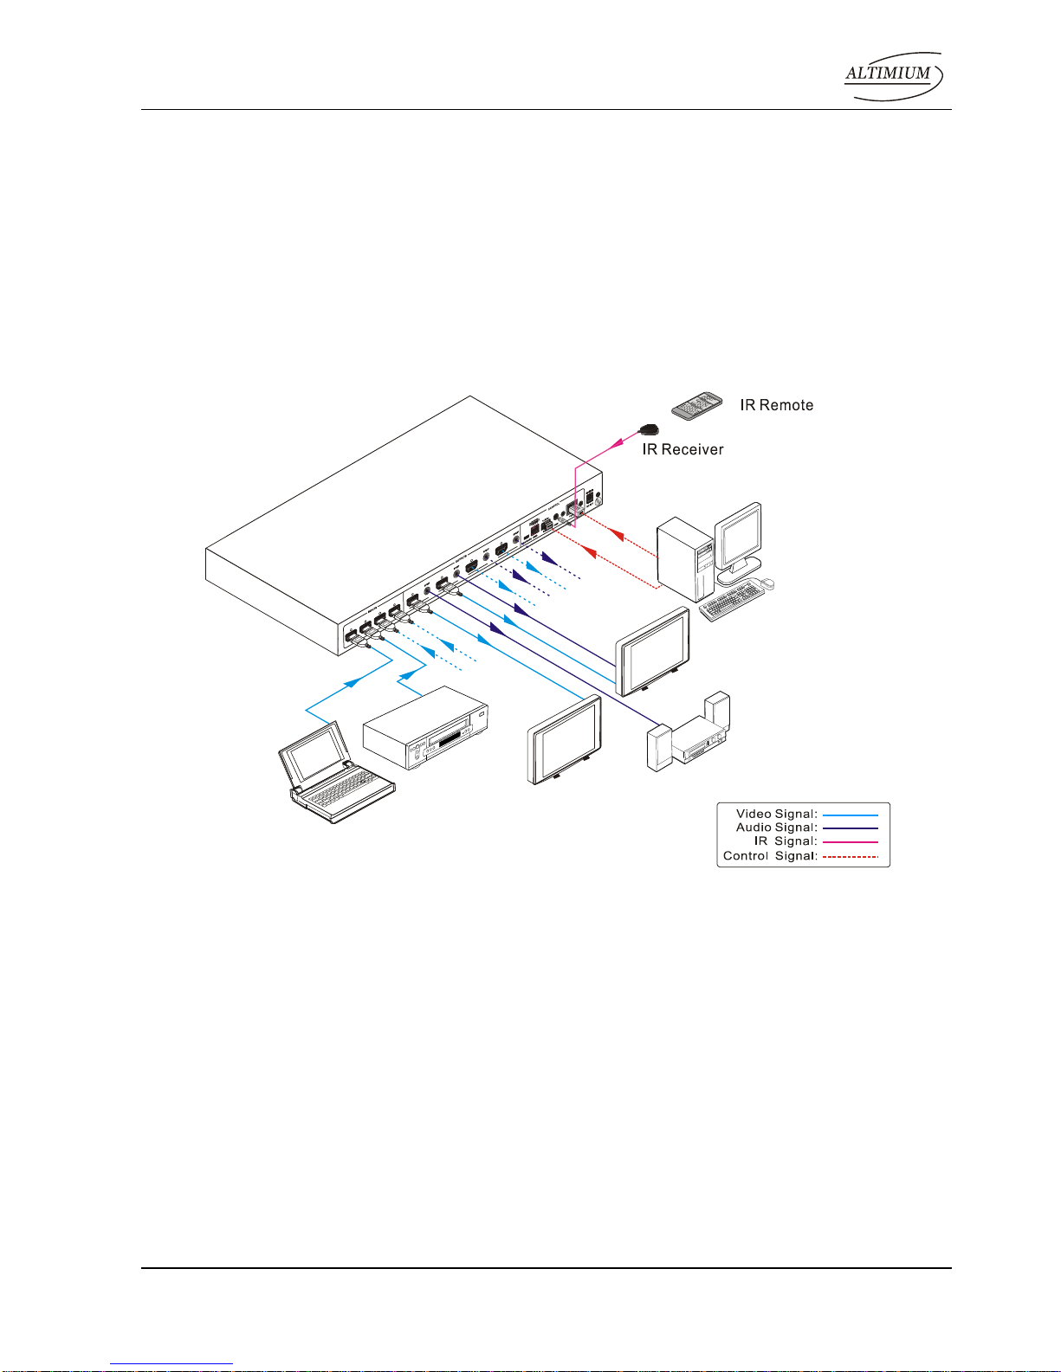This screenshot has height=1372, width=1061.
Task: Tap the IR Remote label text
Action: (x=776, y=405)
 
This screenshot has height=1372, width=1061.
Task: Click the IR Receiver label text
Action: (x=683, y=449)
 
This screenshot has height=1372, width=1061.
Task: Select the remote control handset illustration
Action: (x=697, y=405)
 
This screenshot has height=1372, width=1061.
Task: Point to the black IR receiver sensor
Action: (x=649, y=428)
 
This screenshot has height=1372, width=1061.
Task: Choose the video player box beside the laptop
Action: (x=425, y=728)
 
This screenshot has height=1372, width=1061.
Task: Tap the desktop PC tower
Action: (x=685, y=558)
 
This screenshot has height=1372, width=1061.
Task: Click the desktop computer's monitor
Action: (x=738, y=539)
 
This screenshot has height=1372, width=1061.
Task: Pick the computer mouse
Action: (x=767, y=584)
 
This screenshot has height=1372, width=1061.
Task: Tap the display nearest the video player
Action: (x=565, y=740)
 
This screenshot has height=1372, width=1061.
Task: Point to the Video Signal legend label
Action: (x=776, y=814)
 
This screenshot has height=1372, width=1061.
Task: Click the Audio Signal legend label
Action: (x=776, y=828)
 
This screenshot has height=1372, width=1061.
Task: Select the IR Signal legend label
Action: (x=785, y=841)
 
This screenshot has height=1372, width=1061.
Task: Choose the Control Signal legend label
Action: (x=770, y=856)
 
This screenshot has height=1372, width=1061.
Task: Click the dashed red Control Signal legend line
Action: (x=850, y=857)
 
